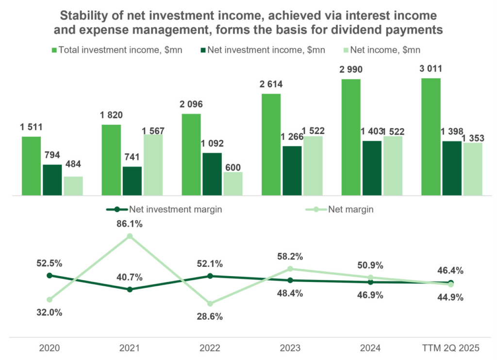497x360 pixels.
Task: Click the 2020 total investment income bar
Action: point(31,166)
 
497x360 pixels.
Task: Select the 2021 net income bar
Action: point(153,165)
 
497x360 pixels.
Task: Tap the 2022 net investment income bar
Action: point(212,174)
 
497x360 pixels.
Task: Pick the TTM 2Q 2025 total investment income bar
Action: point(431,137)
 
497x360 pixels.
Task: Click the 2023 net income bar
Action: point(313,166)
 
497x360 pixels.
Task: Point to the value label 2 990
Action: point(351,70)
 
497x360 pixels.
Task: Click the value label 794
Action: point(52,156)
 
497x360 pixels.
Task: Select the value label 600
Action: point(233,164)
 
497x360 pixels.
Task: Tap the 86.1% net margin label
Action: point(130,225)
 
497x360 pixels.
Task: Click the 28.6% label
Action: point(210,317)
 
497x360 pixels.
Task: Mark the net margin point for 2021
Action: point(130,236)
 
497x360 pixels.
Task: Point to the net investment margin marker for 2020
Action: point(49,275)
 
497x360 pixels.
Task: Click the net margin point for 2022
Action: point(210,304)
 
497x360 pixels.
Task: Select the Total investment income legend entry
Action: point(119,50)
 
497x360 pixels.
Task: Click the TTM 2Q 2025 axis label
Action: point(451,348)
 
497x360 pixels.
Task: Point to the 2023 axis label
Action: point(290,348)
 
